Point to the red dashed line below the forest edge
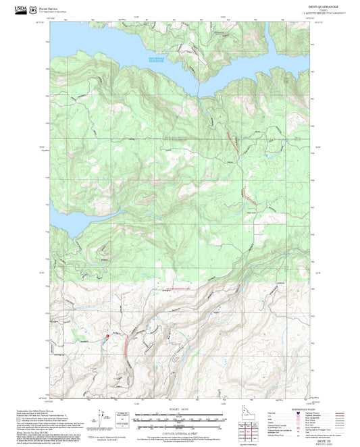[179, 287]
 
